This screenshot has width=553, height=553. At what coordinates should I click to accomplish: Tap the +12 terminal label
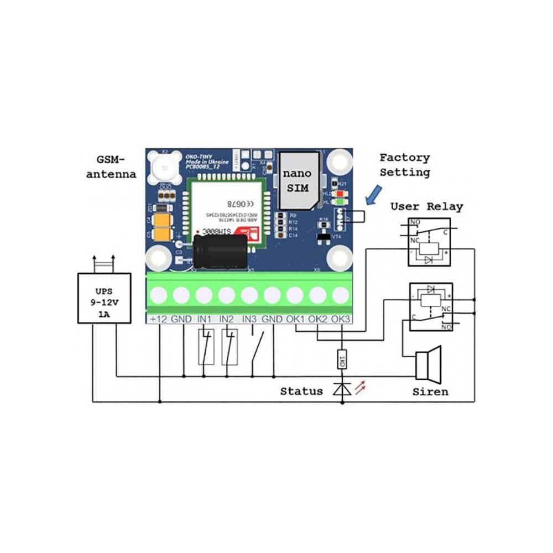tap(158, 320)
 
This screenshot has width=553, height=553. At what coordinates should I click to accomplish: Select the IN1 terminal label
tap(205, 320)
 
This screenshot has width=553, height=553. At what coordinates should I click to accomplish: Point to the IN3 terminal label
tap(250, 320)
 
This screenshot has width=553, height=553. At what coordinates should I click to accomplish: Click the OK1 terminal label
tap(295, 320)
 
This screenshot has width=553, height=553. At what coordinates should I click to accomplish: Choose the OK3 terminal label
tap(341, 320)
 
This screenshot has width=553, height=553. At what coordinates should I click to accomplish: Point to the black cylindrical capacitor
tap(220, 252)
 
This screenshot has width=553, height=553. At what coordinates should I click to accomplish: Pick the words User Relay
tap(426, 207)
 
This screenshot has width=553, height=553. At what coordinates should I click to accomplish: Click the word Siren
tap(430, 392)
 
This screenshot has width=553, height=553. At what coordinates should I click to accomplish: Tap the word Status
tap(301, 392)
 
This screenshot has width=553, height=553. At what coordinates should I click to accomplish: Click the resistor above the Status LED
tap(342, 361)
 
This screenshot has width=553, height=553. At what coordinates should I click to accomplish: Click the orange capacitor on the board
tap(163, 227)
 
